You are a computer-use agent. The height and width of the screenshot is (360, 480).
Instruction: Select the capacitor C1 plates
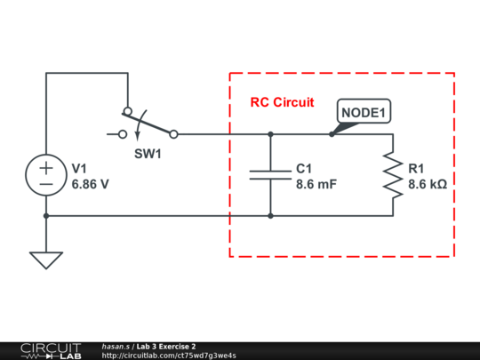tap(270, 175)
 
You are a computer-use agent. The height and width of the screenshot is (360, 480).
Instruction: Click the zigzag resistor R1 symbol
tap(393, 175)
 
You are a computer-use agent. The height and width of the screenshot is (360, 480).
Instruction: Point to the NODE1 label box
tap(364, 111)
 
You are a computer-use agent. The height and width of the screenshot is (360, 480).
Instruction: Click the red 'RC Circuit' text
tap(282, 102)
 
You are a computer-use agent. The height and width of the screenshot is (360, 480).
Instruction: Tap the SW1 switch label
tap(148, 154)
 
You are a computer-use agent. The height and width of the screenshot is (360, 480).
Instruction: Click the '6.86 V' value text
tap(91, 184)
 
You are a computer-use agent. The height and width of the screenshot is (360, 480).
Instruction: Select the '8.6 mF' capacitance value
tap(316, 184)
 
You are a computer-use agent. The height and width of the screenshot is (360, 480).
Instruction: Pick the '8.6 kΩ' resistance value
tap(428, 184)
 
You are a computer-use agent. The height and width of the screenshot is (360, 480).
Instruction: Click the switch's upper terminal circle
tap(128, 111)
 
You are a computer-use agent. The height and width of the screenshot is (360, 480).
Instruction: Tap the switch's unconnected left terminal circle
tap(123, 134)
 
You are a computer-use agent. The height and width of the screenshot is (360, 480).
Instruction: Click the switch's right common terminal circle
tap(173, 134)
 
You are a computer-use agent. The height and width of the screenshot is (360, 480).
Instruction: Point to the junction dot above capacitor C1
tap(270, 134)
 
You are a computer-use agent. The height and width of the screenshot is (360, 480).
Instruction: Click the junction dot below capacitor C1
tap(270, 216)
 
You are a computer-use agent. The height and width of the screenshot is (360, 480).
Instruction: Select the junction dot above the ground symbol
tap(46, 216)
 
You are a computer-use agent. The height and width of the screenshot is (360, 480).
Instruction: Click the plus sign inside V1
tap(46, 168)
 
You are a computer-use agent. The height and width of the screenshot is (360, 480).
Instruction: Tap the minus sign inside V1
tap(46, 184)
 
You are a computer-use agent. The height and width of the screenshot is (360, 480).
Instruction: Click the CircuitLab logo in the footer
tap(51, 351)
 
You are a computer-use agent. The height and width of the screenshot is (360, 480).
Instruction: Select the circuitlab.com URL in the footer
tap(169, 356)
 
